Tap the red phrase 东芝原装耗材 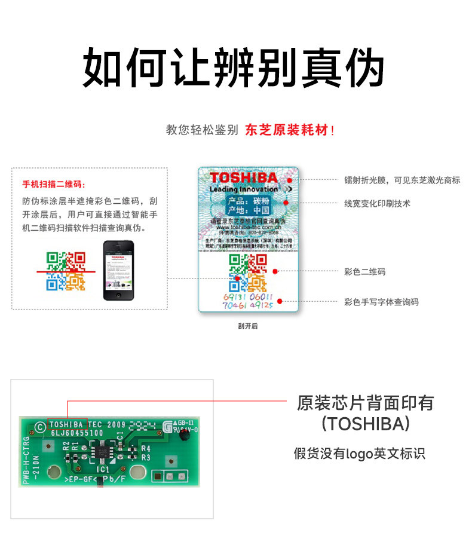(286, 130)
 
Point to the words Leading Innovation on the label (244, 189)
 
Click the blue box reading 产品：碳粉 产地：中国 (248, 206)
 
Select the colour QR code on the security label (248, 273)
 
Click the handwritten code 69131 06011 (247, 296)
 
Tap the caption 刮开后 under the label (247, 326)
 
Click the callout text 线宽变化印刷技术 (377, 203)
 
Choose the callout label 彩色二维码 (364, 272)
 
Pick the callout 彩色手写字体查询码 (381, 302)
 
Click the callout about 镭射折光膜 (402, 179)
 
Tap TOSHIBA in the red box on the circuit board (68, 424)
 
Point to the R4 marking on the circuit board (146, 448)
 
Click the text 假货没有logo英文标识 (359, 454)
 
